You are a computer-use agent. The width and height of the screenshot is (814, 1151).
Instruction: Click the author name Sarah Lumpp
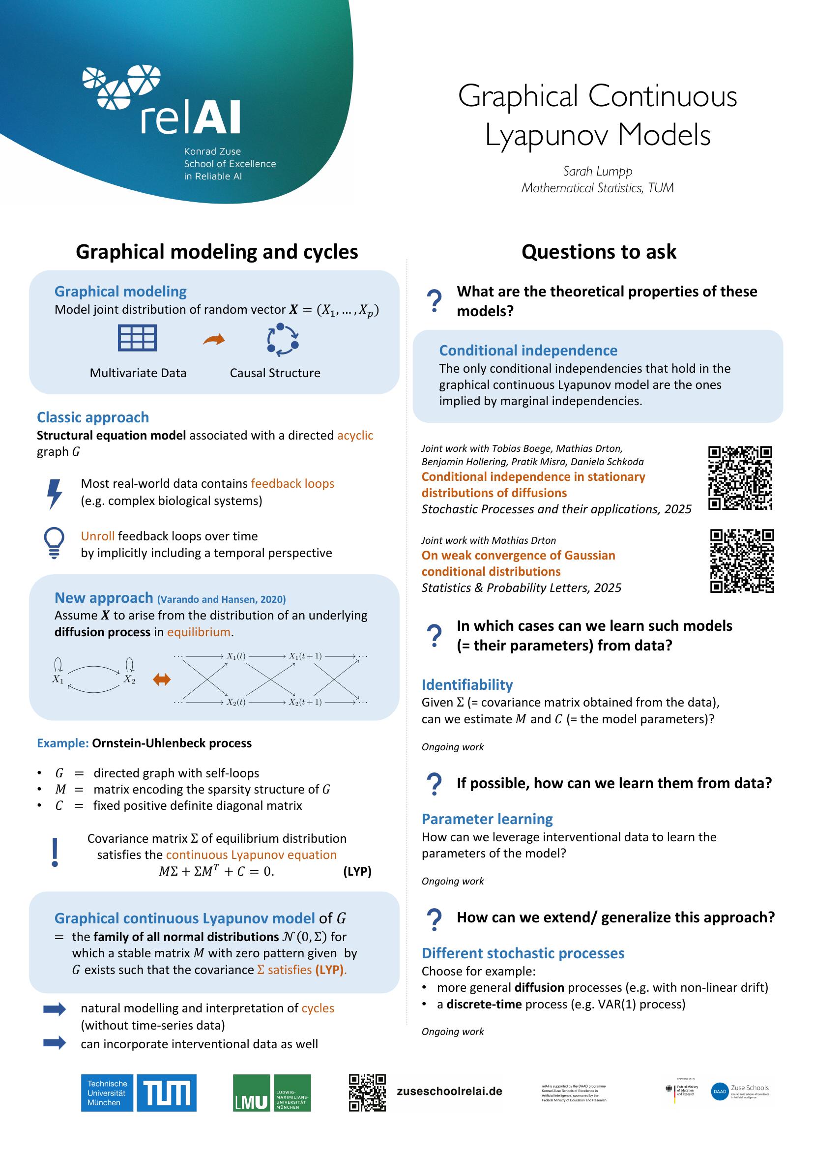point(597,171)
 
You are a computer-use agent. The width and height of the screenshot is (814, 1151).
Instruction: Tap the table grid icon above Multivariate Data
point(137,337)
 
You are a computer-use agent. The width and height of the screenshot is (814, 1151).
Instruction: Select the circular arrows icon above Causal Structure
point(283,339)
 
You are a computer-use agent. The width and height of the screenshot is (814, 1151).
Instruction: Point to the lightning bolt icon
point(54,494)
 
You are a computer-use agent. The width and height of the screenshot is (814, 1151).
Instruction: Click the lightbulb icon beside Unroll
point(54,543)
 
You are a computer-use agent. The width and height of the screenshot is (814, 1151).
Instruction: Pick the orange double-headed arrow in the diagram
point(161,680)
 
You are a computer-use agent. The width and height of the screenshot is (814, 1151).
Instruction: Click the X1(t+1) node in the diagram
point(305,656)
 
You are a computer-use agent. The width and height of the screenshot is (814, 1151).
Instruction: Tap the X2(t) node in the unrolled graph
point(235,702)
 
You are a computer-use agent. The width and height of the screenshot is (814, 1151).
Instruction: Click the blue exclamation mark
point(55,852)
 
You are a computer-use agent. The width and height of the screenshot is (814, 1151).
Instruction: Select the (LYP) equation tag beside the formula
point(357,871)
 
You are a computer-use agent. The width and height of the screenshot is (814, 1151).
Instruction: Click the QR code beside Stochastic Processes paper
point(740,478)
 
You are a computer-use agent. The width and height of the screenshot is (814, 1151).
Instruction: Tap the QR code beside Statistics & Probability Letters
point(742,561)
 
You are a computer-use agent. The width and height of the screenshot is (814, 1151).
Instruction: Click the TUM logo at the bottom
point(167,1093)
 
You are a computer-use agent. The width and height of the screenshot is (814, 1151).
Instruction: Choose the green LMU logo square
point(251,1093)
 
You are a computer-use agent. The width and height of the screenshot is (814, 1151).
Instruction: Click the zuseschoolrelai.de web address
point(449,1092)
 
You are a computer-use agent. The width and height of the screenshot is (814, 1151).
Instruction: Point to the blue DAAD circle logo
point(720,1092)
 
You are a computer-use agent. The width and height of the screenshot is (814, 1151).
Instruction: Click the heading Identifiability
point(467,685)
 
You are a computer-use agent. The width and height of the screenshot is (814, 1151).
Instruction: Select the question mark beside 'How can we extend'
point(434,920)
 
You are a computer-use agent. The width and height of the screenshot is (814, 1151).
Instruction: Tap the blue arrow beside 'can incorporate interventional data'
point(55,1043)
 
